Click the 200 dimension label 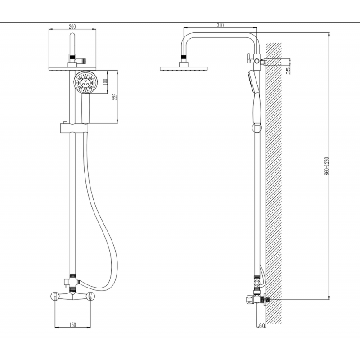[72, 27]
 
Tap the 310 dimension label [220, 25]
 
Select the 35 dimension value [288, 70]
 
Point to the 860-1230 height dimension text [327, 166]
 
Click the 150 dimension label [72, 324]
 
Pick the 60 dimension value [261, 325]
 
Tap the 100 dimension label [105, 82]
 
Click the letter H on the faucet [55, 296]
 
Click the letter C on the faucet [90, 296]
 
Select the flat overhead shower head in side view [184, 68]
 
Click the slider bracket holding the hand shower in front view [74, 128]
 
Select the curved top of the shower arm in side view [220, 35]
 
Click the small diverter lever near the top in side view [248, 58]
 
